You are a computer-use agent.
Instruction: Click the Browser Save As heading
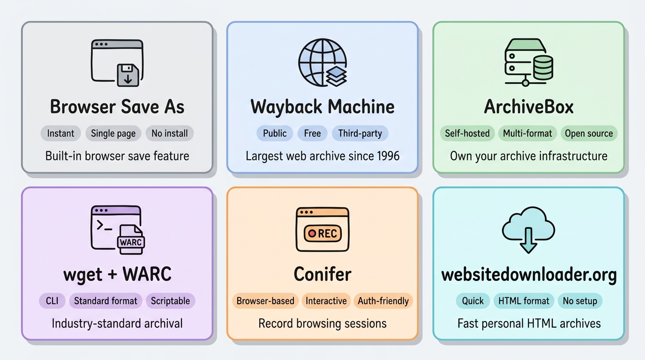[x=117, y=107]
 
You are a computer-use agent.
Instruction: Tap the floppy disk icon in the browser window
[x=127, y=75]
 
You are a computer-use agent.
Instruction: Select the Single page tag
[x=113, y=133]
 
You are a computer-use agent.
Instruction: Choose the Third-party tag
[x=360, y=133]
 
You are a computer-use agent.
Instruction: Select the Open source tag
[x=589, y=133]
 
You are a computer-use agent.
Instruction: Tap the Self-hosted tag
[x=467, y=133]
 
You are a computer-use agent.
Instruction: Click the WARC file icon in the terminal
[x=130, y=240]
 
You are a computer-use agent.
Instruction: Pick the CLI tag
[x=52, y=300]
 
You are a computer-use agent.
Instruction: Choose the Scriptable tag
[x=170, y=300]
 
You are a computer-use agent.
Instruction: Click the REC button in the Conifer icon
[x=322, y=233]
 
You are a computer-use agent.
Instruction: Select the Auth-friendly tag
[x=383, y=300]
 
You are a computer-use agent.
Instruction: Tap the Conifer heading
[x=322, y=274]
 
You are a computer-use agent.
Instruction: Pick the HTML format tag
[x=524, y=300]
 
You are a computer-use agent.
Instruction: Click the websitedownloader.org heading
[x=529, y=274]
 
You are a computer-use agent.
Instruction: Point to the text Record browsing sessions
[x=322, y=323]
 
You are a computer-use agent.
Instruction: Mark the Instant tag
[x=60, y=133]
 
